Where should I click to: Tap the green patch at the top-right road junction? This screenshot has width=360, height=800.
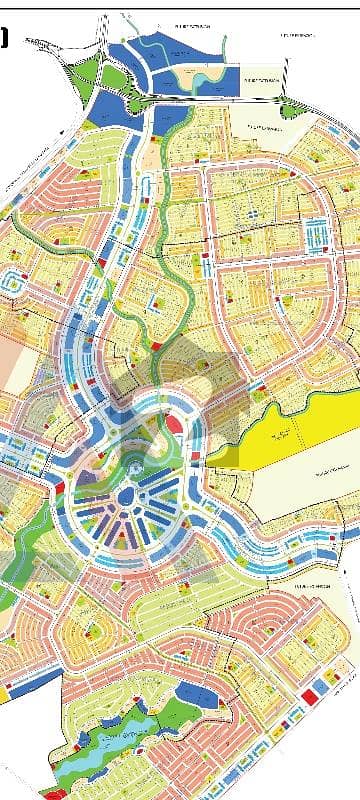(x=290, y=110)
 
